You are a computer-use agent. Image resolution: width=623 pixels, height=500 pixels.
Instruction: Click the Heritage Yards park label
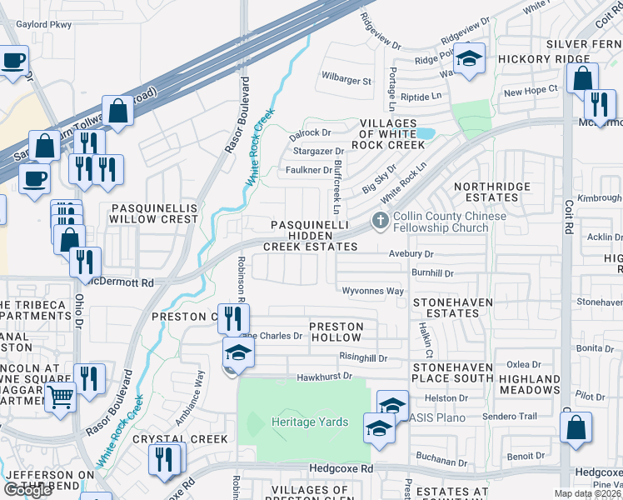pyautogui.click(x=310, y=422)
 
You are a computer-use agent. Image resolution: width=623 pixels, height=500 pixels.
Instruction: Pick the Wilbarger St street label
pyautogui.click(x=346, y=81)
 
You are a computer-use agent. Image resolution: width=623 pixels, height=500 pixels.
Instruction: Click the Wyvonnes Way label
pyautogui.click(x=373, y=291)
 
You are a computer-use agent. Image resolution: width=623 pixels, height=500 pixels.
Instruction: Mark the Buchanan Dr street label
pyautogui.click(x=443, y=462)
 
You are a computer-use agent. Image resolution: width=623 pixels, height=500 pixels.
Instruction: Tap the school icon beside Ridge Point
pyautogui.click(x=470, y=59)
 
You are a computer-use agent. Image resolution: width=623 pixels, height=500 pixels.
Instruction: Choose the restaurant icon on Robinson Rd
pyautogui.click(x=233, y=317)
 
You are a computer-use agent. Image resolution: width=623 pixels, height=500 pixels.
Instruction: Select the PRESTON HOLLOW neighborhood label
pyautogui.click(x=336, y=332)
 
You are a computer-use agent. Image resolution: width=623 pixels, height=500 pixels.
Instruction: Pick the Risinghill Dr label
pyautogui.click(x=364, y=356)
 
